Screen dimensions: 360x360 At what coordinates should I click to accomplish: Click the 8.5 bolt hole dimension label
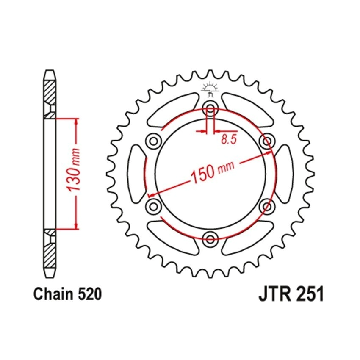point(229,139)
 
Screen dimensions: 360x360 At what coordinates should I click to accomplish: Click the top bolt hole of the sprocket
point(210,108)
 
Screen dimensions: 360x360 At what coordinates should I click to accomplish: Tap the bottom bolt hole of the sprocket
point(210,238)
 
